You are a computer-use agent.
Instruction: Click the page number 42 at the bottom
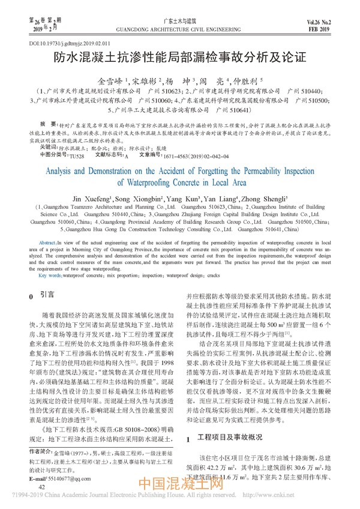point(42,487)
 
